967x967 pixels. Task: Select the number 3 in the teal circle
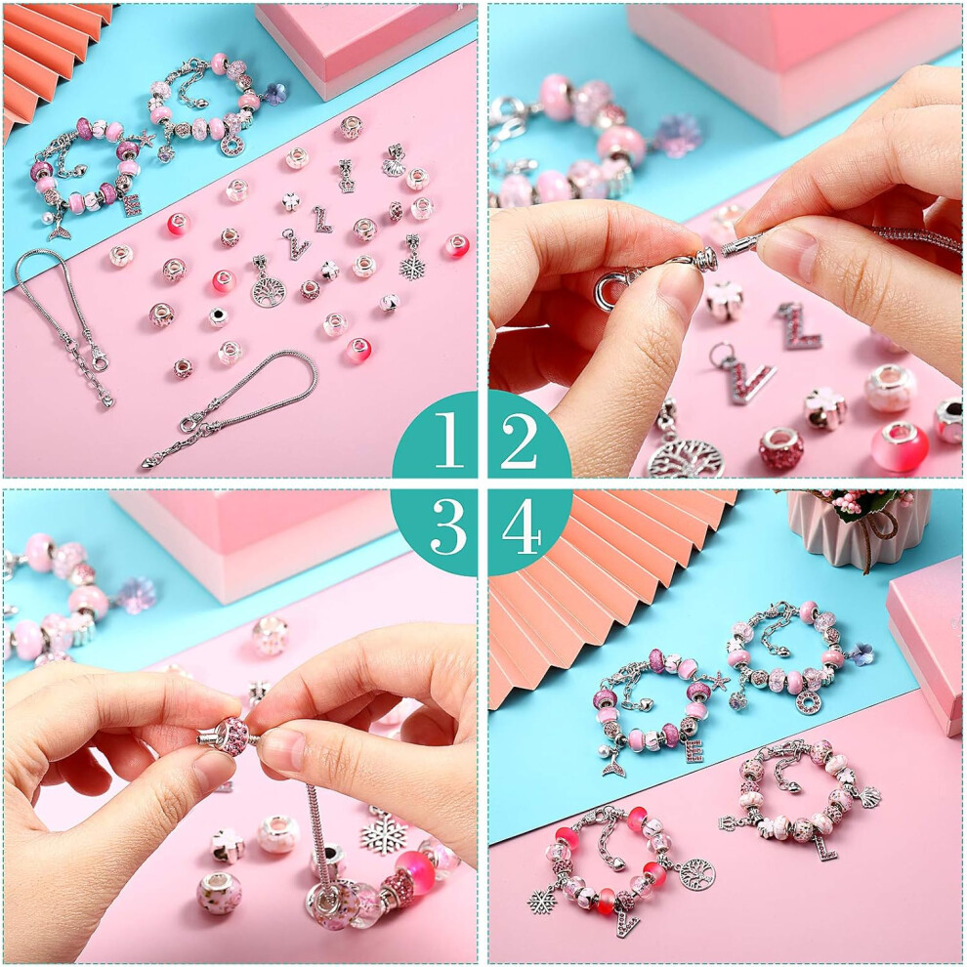pyautogui.click(x=447, y=526)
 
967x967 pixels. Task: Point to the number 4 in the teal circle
pyautogui.click(x=522, y=526)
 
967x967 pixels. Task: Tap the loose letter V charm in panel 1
pyautogui.click(x=296, y=245)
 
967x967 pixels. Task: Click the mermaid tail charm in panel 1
pyautogui.click(x=60, y=230)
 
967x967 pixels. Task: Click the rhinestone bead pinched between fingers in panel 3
pyautogui.click(x=230, y=734)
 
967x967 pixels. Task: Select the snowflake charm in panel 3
pyautogui.click(x=385, y=830)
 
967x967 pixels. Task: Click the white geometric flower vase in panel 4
pyautogui.click(x=858, y=526)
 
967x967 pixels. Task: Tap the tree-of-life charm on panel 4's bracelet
pyautogui.click(x=697, y=874)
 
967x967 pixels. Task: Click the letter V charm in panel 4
pyautogui.click(x=627, y=923)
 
